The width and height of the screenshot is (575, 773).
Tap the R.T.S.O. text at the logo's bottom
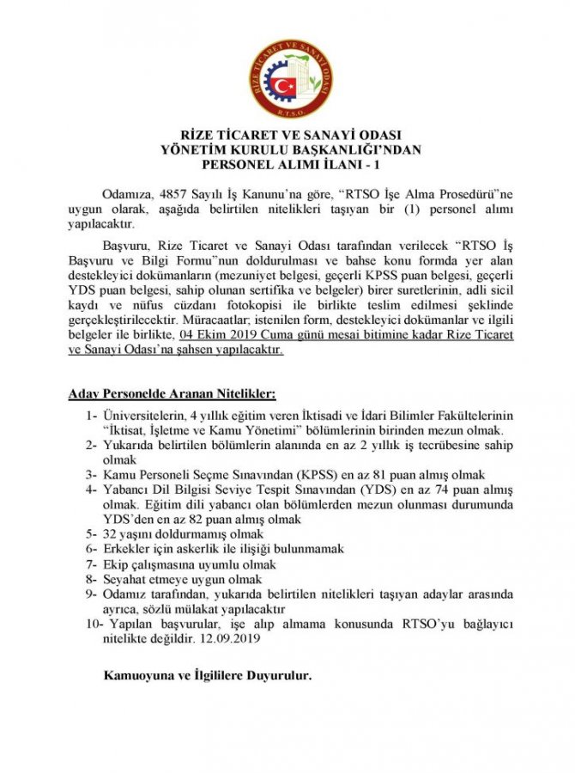pos(287,109)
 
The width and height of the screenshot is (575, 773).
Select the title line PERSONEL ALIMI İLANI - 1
pos(287,161)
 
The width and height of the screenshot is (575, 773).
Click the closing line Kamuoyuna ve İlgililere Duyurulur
pos(207,674)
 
